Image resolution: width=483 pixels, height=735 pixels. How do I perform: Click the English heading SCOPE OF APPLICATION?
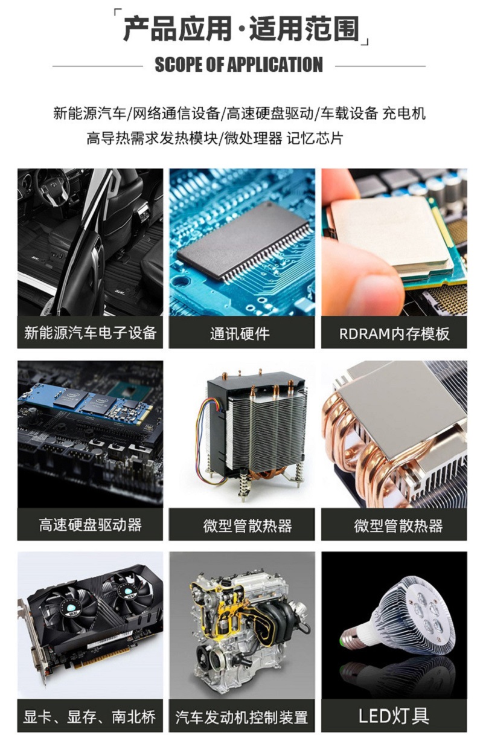(239, 64)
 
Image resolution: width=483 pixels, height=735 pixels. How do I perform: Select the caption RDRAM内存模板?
(394, 334)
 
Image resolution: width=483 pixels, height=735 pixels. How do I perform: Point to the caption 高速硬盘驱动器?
(90, 525)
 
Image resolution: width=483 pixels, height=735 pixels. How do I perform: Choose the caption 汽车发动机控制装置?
(242, 717)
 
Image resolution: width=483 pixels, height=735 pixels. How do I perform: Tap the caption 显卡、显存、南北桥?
(89, 717)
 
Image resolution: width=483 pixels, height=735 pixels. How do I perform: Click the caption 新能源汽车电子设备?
(90, 333)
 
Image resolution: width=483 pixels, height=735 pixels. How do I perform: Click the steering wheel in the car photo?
(53, 187)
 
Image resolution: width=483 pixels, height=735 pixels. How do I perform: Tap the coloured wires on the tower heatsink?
(206, 440)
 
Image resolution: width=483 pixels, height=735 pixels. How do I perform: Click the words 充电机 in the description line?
(404, 114)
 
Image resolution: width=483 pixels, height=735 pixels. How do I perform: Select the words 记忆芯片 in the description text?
(315, 138)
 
